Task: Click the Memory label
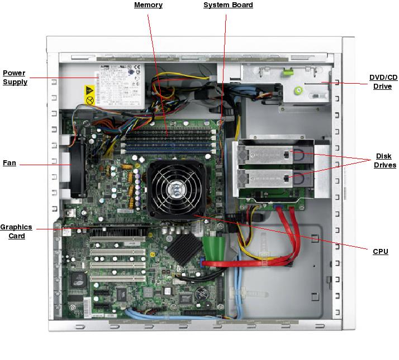point(148,5)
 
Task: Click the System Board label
point(228,5)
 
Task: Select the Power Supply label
point(15,78)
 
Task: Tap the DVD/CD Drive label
point(383,82)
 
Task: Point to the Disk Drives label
point(385,161)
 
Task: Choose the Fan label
point(9,163)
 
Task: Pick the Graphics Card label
point(16,232)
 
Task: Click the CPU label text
point(381,252)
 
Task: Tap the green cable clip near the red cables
point(215,246)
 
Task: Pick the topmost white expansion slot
point(117,241)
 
